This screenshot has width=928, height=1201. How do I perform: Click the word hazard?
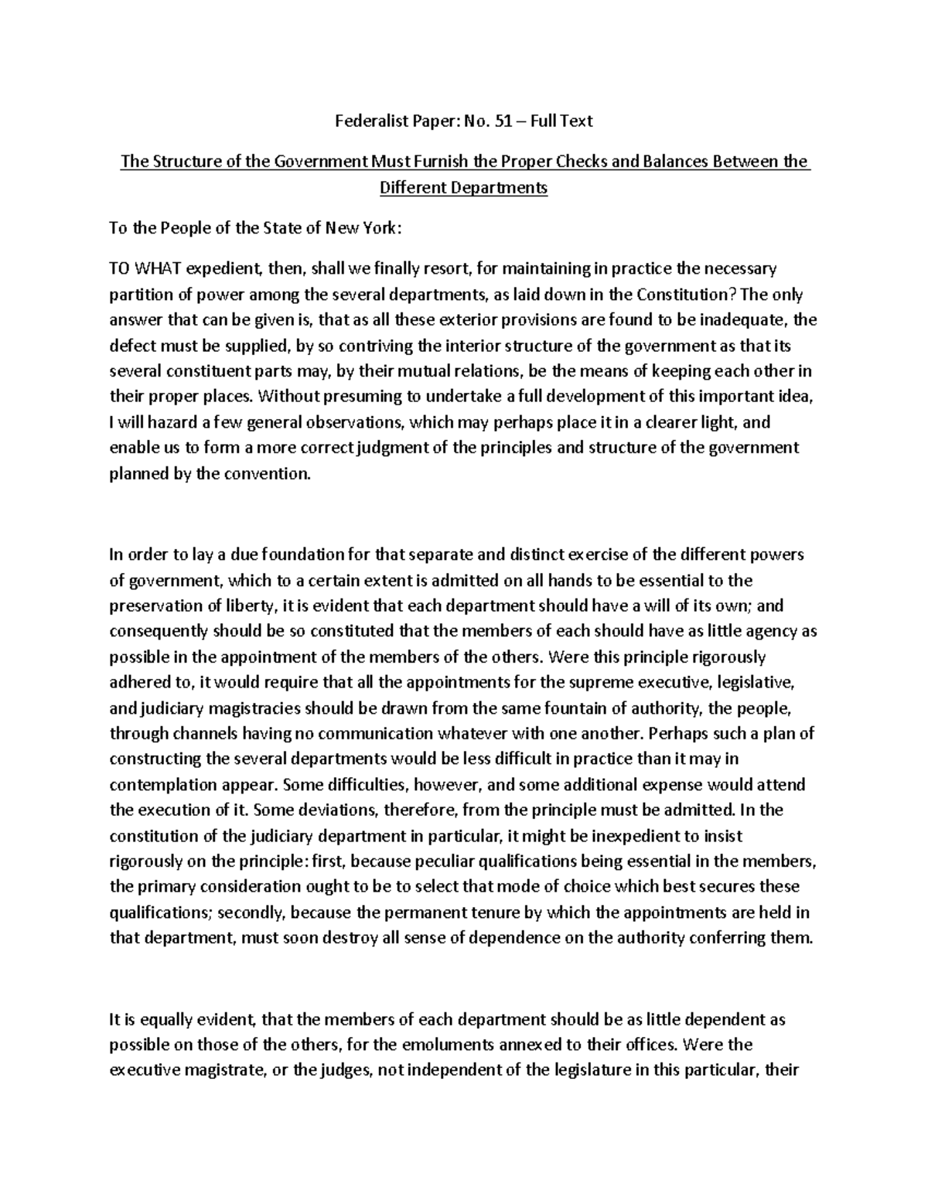[165, 422]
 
